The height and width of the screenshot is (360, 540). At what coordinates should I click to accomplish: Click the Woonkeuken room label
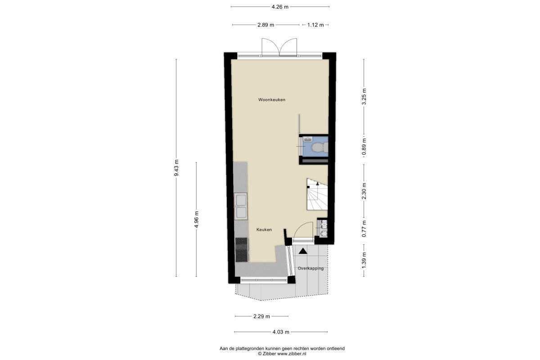[272, 99]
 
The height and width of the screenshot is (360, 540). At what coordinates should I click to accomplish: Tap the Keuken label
[264, 229]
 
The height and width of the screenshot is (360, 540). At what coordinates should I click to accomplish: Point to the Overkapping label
[310, 268]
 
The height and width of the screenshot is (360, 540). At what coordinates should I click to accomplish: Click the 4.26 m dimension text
[280, 7]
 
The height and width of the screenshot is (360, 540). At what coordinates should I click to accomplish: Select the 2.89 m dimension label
[265, 25]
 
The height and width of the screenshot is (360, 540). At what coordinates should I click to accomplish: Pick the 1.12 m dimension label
[315, 25]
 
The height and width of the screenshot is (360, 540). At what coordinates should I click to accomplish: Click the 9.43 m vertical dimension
[176, 168]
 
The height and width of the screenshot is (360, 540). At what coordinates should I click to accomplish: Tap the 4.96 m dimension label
[197, 219]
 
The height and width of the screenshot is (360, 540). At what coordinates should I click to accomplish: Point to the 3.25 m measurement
[364, 96]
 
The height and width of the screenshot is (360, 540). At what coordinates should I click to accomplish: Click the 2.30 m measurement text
[364, 191]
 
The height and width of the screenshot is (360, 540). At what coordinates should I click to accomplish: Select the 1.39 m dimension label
[364, 260]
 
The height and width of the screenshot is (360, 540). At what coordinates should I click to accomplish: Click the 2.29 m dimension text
[261, 316]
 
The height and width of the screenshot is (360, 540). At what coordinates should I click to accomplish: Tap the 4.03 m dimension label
[281, 332]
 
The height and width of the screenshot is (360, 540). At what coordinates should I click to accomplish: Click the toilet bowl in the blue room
[319, 147]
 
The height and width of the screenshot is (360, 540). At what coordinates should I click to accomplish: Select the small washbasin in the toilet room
[308, 139]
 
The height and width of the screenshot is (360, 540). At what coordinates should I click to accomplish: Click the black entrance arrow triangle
[303, 251]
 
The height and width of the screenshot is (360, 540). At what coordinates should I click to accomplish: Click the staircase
[317, 194]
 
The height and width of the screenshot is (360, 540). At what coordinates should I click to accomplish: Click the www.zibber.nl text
[292, 354]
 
